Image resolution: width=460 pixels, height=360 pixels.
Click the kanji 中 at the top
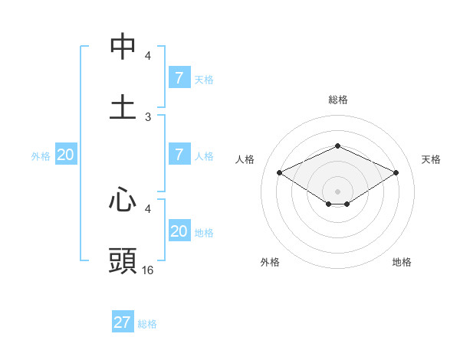[x=123, y=47]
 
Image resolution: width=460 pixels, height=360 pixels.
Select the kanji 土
[x=123, y=106]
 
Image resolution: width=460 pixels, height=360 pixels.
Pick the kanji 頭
[x=123, y=260]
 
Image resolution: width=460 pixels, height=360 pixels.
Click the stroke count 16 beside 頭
[x=148, y=270]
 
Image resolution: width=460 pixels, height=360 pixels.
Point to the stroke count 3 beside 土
[x=148, y=116]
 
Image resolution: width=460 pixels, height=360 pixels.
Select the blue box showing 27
[x=123, y=322]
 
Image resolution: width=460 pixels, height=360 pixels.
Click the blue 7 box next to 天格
[x=179, y=78]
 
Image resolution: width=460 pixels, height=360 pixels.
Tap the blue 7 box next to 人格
[x=179, y=155]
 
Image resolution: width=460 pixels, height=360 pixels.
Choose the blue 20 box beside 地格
[x=179, y=231]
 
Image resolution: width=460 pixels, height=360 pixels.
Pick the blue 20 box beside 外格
[x=65, y=155]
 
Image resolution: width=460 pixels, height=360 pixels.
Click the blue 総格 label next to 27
[x=147, y=323]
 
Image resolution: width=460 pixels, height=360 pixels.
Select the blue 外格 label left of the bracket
[x=41, y=155]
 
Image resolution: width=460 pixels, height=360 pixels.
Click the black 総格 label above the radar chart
[x=337, y=100]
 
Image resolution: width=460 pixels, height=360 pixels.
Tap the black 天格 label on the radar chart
[x=432, y=159]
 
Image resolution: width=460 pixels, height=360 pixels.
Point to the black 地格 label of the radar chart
[x=402, y=262]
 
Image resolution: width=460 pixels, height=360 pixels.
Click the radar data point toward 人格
[x=280, y=173]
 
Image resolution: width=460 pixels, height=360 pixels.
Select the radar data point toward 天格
[x=396, y=173]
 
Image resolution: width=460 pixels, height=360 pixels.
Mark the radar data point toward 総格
[x=337, y=146]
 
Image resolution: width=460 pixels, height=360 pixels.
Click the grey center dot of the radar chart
[x=337, y=191]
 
